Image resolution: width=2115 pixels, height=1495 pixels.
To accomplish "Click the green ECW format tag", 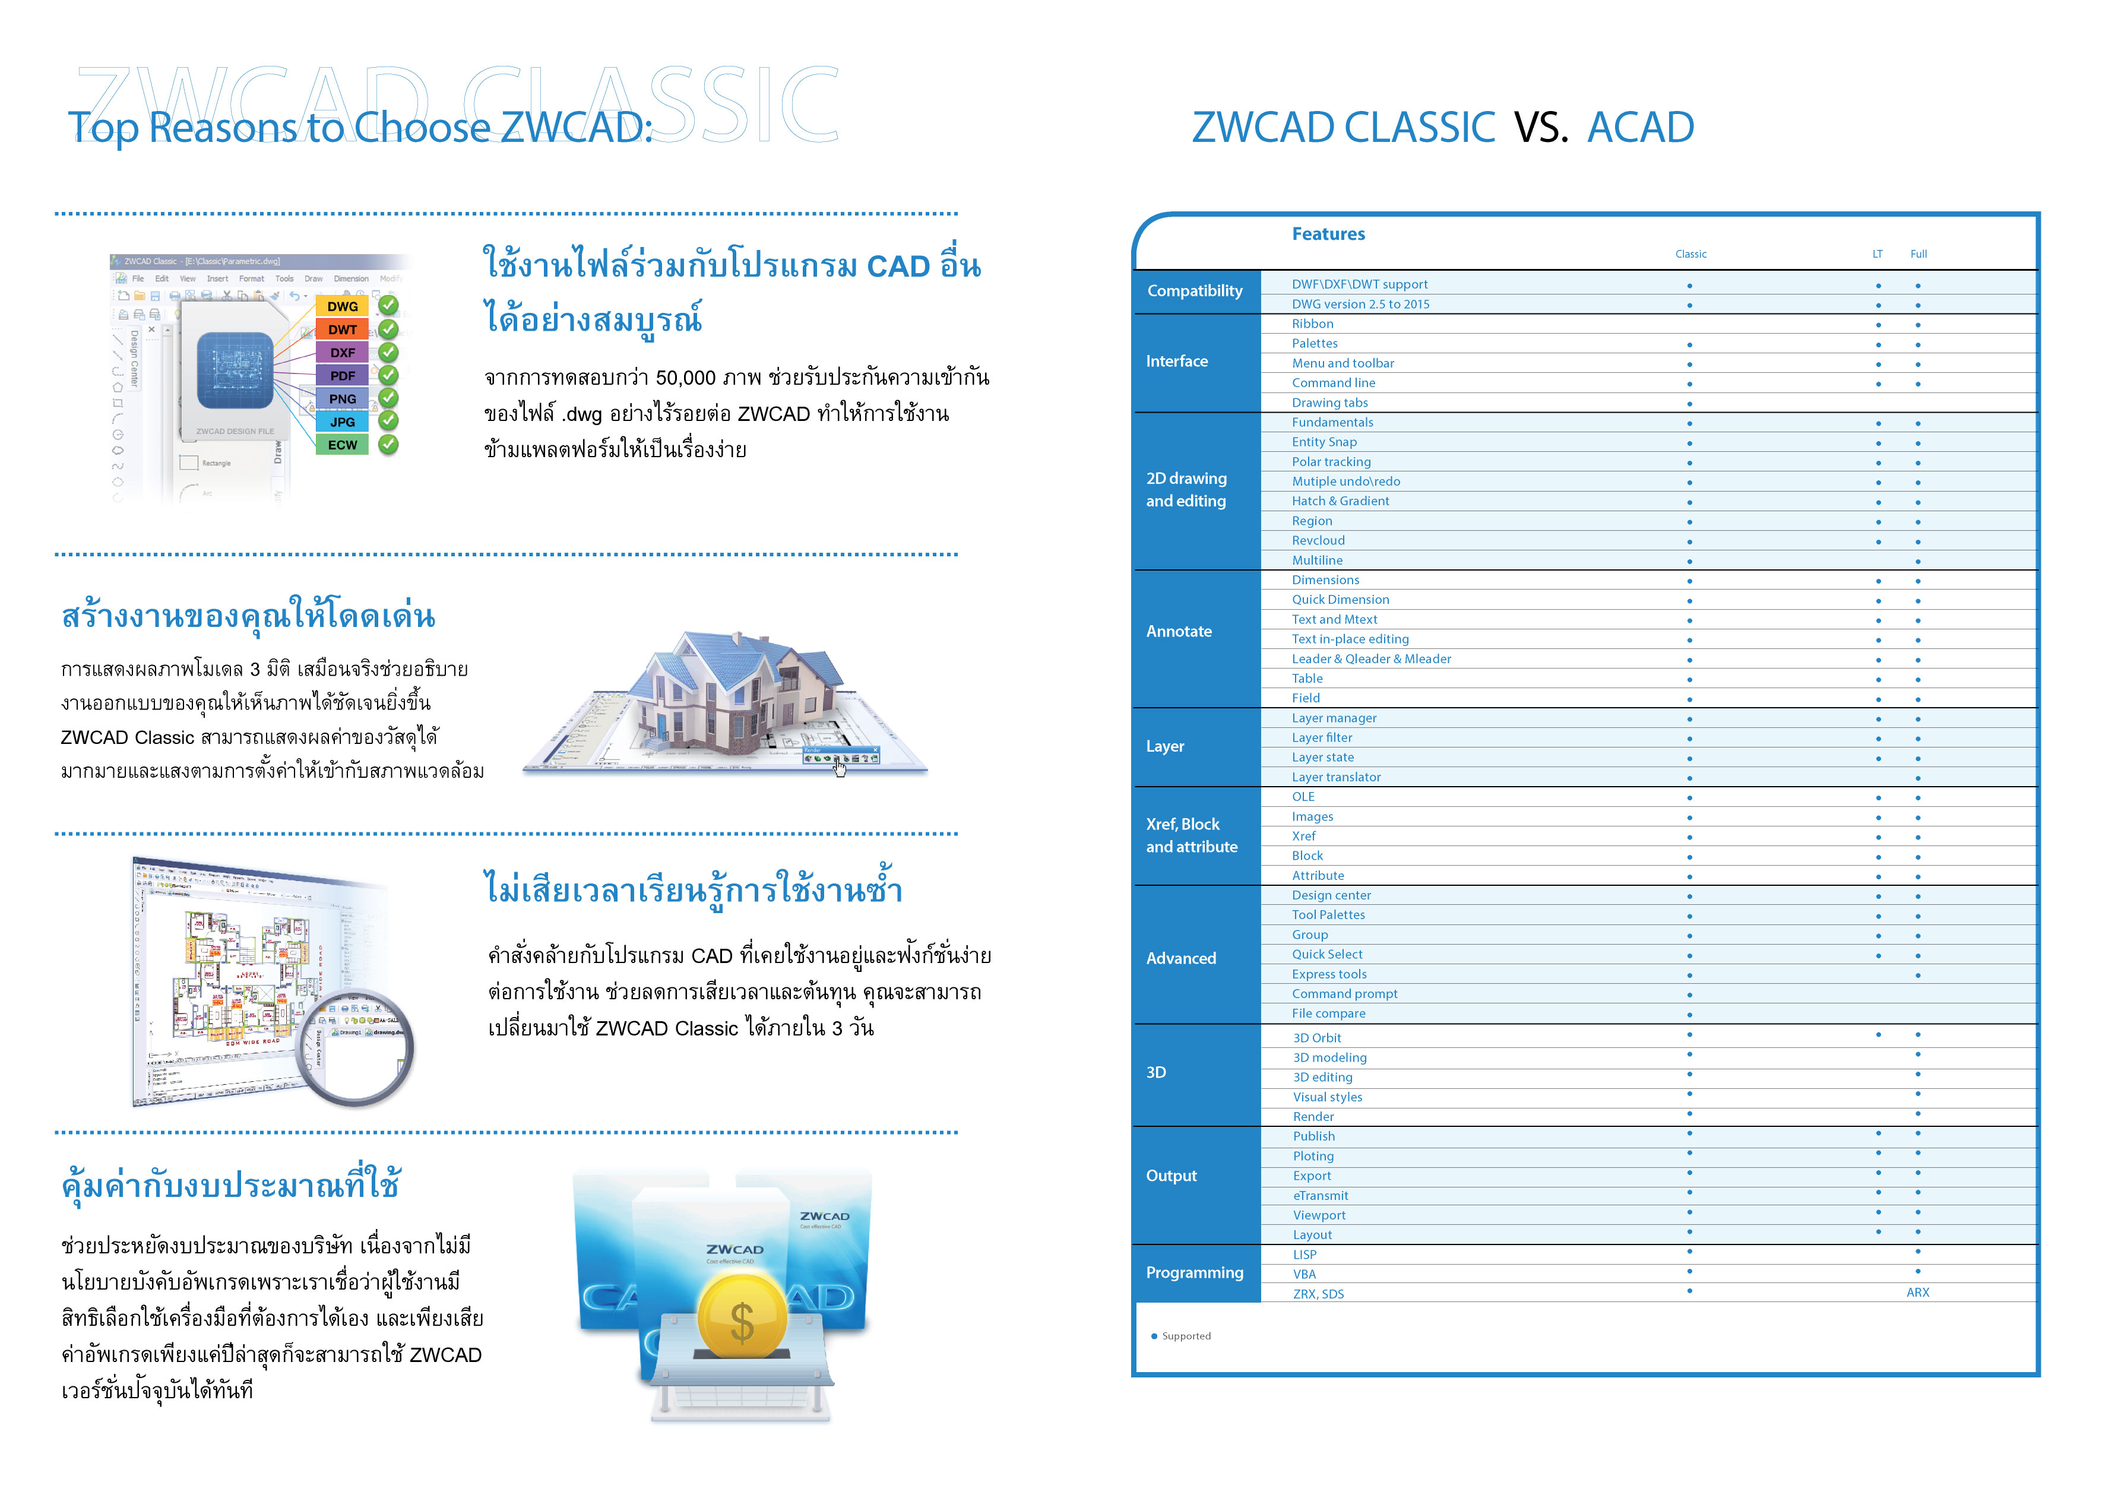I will pyautogui.click(x=342, y=445).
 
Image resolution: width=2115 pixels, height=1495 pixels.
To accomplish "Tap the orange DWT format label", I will pyautogui.click(x=342, y=330).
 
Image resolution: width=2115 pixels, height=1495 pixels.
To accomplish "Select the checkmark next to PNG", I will pyautogui.click(x=389, y=398).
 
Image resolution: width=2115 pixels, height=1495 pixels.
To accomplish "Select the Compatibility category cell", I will pyautogui.click(x=1195, y=291).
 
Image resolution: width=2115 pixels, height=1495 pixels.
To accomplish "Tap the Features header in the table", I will pyautogui.click(x=1328, y=234).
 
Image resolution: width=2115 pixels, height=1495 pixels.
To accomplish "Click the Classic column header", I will pyautogui.click(x=1690, y=254).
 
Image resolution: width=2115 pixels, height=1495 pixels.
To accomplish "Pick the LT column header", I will pyautogui.click(x=1877, y=254).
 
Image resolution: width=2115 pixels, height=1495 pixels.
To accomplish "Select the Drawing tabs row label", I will pyautogui.click(x=1329, y=403).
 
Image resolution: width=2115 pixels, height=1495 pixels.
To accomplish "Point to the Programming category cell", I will pyautogui.click(x=1195, y=1273).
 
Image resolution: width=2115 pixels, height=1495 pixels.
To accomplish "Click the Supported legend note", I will pyautogui.click(x=1186, y=1336).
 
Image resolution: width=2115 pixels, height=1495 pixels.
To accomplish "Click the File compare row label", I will pyautogui.click(x=1328, y=1013).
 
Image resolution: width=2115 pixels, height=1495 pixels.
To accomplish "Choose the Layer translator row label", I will pyautogui.click(x=1336, y=777).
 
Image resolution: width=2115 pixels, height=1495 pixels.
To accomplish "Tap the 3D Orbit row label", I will pyautogui.click(x=1316, y=1038).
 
